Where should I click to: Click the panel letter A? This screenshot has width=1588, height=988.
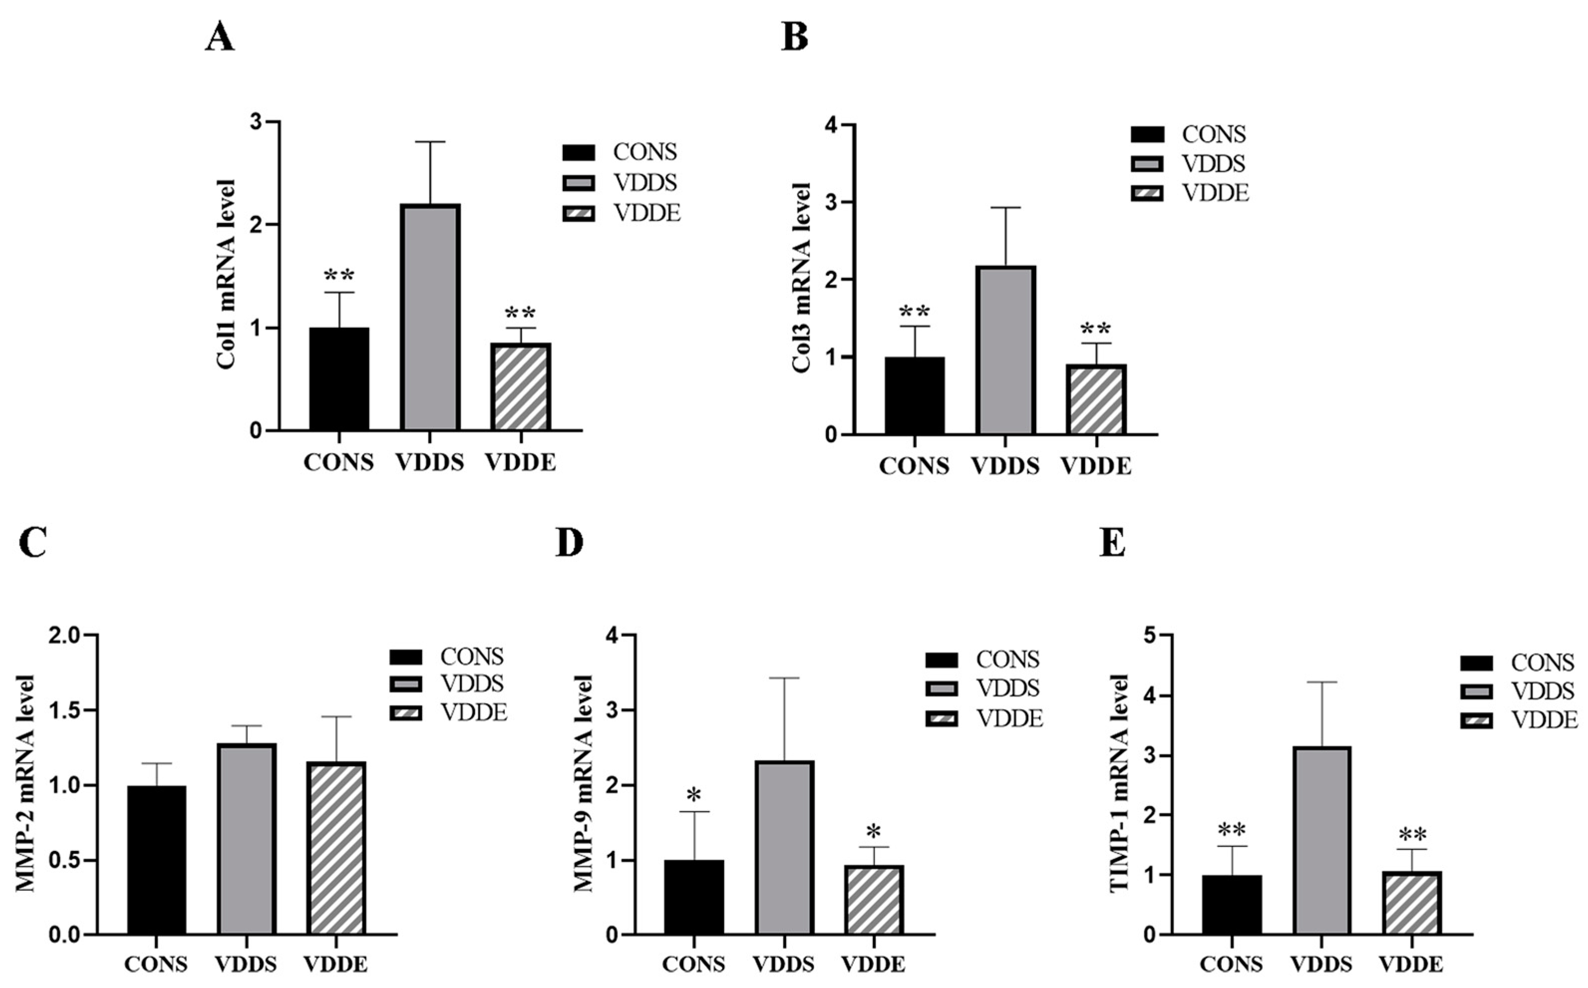[x=220, y=38]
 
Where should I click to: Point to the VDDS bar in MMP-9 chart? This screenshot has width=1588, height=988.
[x=784, y=847]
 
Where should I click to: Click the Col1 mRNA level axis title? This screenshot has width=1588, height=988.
[x=226, y=275]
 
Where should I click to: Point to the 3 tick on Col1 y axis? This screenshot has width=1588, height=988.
[x=256, y=122]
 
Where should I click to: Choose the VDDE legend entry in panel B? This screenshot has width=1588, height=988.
[x=1214, y=193]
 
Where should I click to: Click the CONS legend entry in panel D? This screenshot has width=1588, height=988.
[x=1007, y=660]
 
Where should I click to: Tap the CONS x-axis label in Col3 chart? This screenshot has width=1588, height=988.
[x=914, y=466]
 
